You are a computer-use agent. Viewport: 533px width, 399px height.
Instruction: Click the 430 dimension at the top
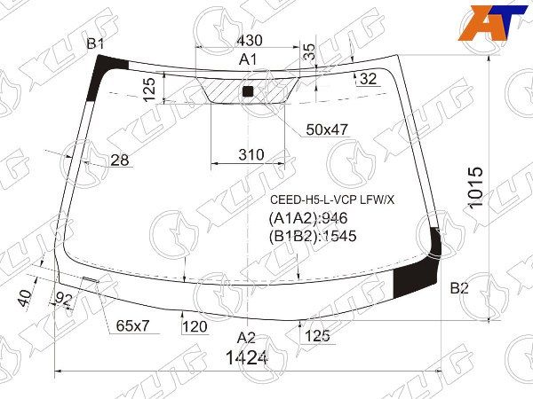coord(249,40)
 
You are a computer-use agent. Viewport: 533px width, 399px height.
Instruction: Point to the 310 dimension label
coord(251,155)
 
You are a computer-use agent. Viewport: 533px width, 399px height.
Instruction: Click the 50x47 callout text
coord(327,129)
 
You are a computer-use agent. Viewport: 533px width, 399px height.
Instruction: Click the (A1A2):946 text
coord(307,219)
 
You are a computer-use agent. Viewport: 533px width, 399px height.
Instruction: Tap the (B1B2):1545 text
coord(312,237)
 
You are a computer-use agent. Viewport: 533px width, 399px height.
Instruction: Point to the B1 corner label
coord(95,44)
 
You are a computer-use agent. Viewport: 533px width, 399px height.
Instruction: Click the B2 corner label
coord(458,287)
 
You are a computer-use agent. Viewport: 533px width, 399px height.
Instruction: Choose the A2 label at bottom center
coord(246,337)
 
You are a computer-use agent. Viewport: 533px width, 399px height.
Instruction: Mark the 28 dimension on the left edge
coord(120,160)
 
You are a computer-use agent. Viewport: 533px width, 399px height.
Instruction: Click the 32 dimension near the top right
coord(369,79)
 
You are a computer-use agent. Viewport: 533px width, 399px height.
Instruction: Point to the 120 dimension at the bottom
coord(195,327)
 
